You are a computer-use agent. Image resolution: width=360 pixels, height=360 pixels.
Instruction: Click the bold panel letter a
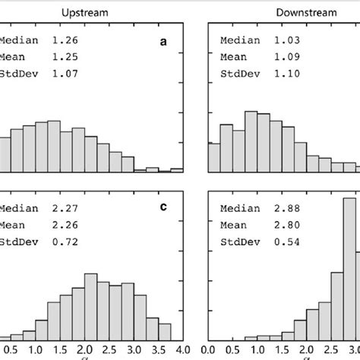163,43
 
